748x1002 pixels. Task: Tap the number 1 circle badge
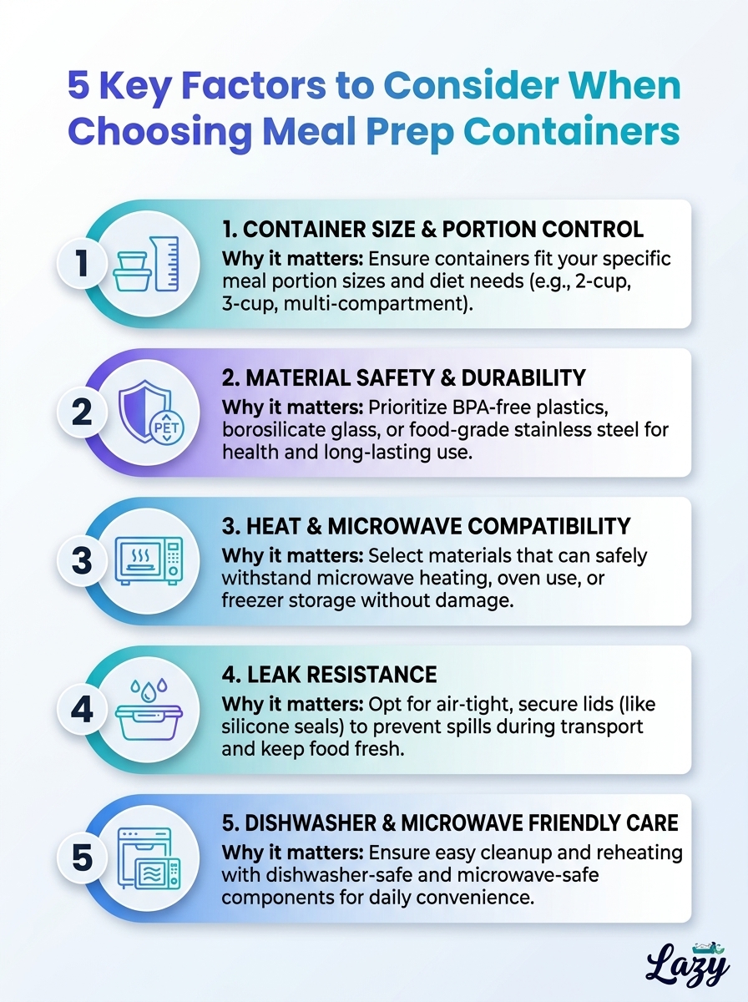click(x=82, y=263)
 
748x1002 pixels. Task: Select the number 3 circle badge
click(x=82, y=560)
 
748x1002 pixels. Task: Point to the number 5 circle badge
click(x=82, y=858)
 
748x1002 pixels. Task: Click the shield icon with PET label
click(x=150, y=412)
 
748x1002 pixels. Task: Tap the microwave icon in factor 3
click(x=149, y=560)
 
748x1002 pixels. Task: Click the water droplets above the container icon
click(x=149, y=690)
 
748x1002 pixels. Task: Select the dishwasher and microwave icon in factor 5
click(x=149, y=858)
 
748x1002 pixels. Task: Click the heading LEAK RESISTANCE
click(x=329, y=675)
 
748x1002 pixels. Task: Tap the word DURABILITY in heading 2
click(x=523, y=377)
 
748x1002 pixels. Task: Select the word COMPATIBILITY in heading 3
click(x=549, y=526)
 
